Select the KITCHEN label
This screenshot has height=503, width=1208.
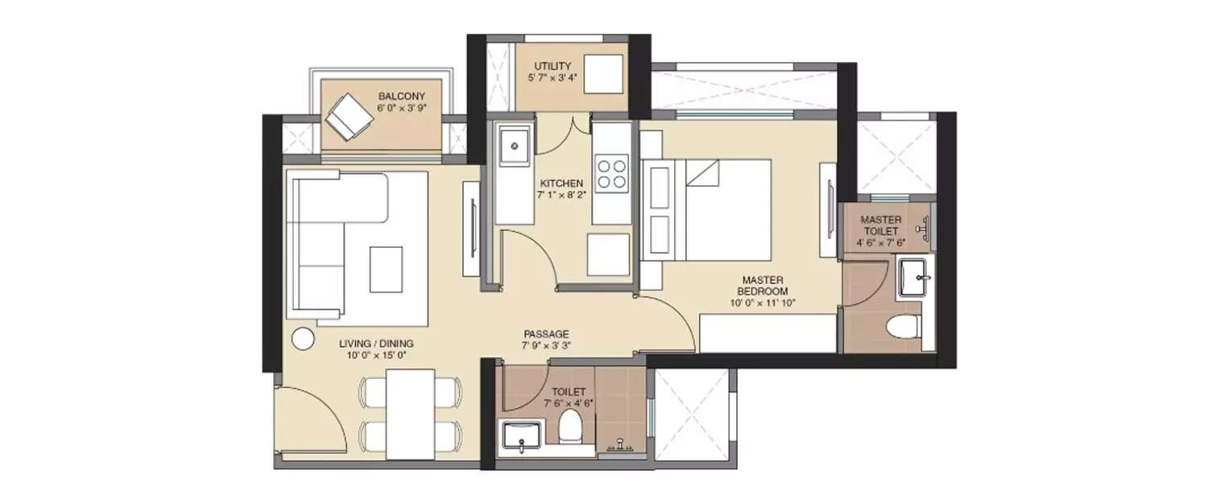click(561, 183)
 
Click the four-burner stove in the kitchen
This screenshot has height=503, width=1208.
click(611, 172)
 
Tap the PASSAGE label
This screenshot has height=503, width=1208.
click(546, 333)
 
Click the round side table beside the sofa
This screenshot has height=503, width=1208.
click(303, 339)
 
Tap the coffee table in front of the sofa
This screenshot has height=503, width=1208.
click(386, 269)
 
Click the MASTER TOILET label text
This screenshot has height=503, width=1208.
click(880, 225)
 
